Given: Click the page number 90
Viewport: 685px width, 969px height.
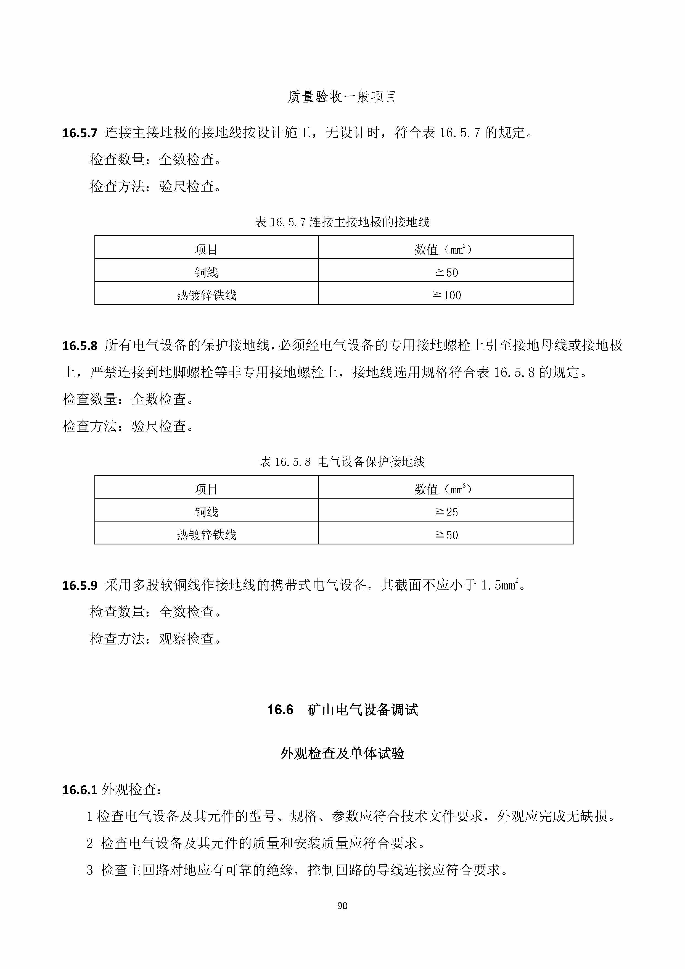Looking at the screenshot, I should click(x=342, y=906).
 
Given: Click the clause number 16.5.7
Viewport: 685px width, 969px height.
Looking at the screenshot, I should click(x=80, y=133).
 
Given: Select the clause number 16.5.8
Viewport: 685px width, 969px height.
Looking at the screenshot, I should click(x=80, y=346).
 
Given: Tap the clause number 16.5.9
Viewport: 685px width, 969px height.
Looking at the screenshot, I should click(x=80, y=585).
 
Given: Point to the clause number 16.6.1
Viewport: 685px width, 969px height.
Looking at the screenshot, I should click(x=80, y=790).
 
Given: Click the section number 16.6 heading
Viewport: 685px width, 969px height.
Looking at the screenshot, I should click(x=280, y=709).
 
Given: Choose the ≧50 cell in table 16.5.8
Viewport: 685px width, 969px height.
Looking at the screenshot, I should click(x=446, y=535).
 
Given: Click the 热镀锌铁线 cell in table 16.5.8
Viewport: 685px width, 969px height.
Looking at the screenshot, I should click(x=206, y=535).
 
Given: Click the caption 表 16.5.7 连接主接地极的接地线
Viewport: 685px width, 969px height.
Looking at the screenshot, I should click(x=342, y=222).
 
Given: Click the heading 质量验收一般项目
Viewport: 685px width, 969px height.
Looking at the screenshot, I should click(x=342, y=97).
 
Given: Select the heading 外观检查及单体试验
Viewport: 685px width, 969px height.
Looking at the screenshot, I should click(x=342, y=753).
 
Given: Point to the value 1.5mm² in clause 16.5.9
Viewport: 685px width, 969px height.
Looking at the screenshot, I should click(x=500, y=585).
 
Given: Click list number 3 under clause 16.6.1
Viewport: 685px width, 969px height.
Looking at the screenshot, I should click(x=90, y=870).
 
